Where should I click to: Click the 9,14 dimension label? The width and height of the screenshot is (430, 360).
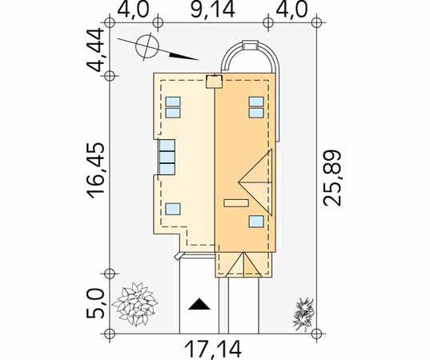pos(213,10)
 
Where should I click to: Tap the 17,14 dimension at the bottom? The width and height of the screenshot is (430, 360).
pos(213,349)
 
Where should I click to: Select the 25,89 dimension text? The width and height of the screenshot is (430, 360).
pos(332,178)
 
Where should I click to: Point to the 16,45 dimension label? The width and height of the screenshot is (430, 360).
pos(96,170)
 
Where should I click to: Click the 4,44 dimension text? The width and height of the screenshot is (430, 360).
pos(96,50)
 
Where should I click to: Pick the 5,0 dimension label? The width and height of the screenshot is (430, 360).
pos(96,304)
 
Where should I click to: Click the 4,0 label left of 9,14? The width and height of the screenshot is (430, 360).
pos(133,10)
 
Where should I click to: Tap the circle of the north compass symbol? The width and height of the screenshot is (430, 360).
pos(147,46)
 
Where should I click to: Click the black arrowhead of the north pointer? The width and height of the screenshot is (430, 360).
pos(183,57)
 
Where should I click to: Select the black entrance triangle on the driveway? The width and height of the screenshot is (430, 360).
pos(199,304)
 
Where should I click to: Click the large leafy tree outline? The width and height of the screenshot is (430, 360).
pos(135,304)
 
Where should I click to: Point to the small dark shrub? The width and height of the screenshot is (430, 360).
pos(303,314)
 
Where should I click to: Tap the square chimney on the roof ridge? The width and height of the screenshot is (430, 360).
pos(214,82)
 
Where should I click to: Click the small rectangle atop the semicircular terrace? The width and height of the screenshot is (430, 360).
pos(251,46)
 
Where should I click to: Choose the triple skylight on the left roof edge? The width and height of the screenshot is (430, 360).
pos(167,157)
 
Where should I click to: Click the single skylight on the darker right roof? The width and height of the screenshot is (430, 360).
pos(256,222)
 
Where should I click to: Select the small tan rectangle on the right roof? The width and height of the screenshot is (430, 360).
pos(236,203)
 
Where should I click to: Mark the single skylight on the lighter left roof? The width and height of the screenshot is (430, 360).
pos(173,209)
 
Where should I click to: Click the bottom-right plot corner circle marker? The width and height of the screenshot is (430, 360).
pos(317,334)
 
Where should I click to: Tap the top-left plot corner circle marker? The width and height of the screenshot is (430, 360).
pos(110,22)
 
